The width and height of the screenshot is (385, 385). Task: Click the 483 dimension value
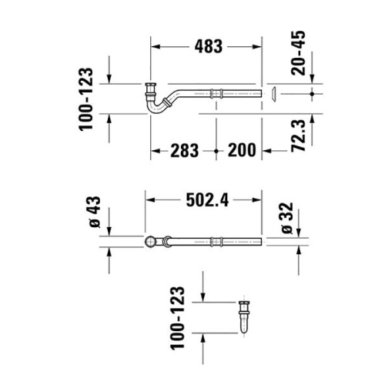click(x=206, y=46)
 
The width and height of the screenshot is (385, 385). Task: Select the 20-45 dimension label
click(x=303, y=52)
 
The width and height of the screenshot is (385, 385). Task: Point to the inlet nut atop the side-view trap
click(x=149, y=85)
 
